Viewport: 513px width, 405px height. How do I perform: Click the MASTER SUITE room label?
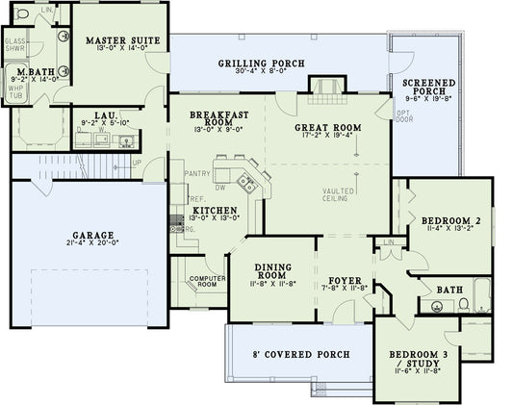[x=115, y=41]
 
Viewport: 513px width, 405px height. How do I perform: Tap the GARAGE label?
[x=92, y=235]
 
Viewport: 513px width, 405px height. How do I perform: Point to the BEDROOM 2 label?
[x=443, y=220]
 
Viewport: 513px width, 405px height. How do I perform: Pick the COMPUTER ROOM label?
[x=206, y=281]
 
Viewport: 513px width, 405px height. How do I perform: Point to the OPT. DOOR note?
[x=403, y=118]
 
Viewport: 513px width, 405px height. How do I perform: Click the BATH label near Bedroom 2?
[x=449, y=288]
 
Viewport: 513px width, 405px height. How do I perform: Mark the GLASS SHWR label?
[x=15, y=46]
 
